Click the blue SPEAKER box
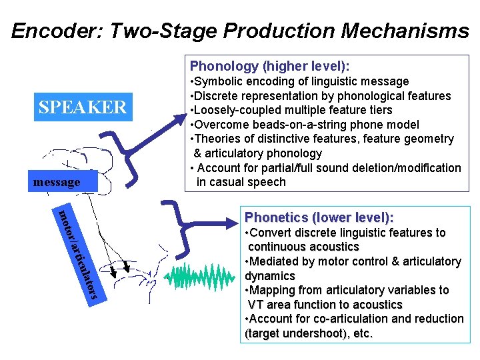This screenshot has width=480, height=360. coord(83,107)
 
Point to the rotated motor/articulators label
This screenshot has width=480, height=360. coord(79,254)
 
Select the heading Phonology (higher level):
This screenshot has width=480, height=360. coord(269,66)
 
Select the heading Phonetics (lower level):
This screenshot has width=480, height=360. coord(319,217)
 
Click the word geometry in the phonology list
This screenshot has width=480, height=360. coord(430,139)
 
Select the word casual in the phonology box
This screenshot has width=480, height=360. coord(229,182)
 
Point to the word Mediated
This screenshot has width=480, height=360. coord(273,261)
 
